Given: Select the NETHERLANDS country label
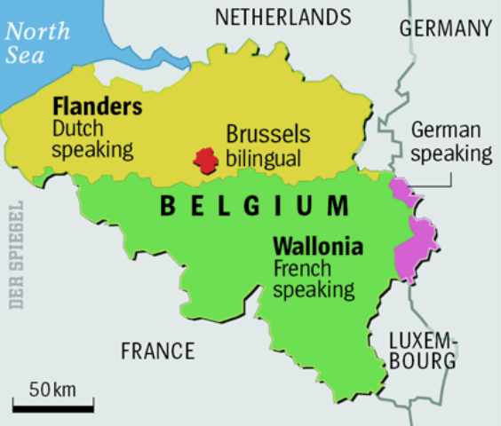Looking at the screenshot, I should pos(283,17).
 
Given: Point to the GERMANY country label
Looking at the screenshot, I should pos(445,28).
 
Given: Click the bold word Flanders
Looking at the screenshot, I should pos(97,106).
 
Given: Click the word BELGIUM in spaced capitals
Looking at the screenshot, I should pos(254,207).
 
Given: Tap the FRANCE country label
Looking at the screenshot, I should pos(157,351).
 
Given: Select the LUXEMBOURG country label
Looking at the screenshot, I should pos(423,351).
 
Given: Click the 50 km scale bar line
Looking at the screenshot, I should pos(53,409).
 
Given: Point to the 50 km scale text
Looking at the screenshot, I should pos(52,390).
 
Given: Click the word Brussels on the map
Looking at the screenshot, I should pos(267,135).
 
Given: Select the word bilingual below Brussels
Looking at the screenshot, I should pos(263,160).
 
